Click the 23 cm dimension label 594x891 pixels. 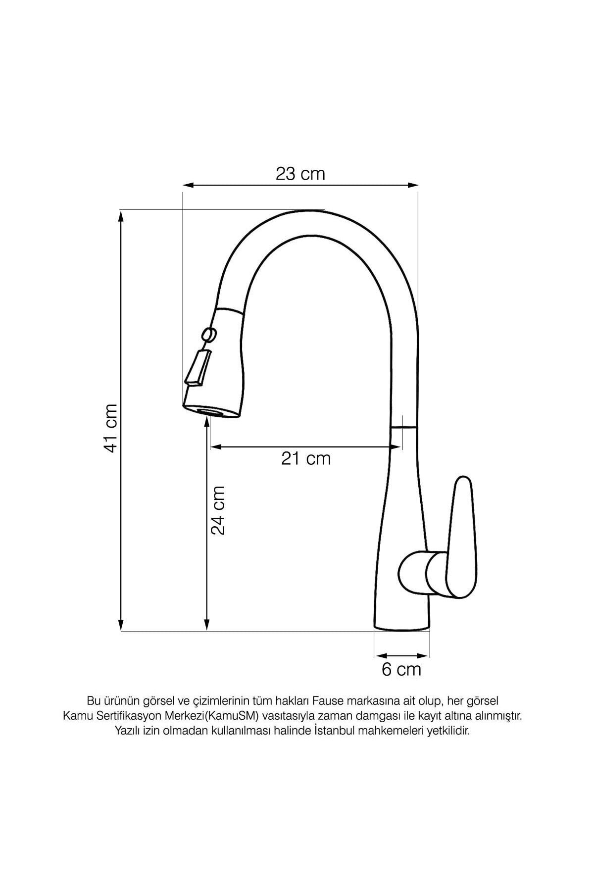300,174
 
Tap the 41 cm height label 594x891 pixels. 110,428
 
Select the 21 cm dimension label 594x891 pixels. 306,459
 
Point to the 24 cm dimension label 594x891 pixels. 218,510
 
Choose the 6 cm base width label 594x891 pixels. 401,670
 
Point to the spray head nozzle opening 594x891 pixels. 212,411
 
